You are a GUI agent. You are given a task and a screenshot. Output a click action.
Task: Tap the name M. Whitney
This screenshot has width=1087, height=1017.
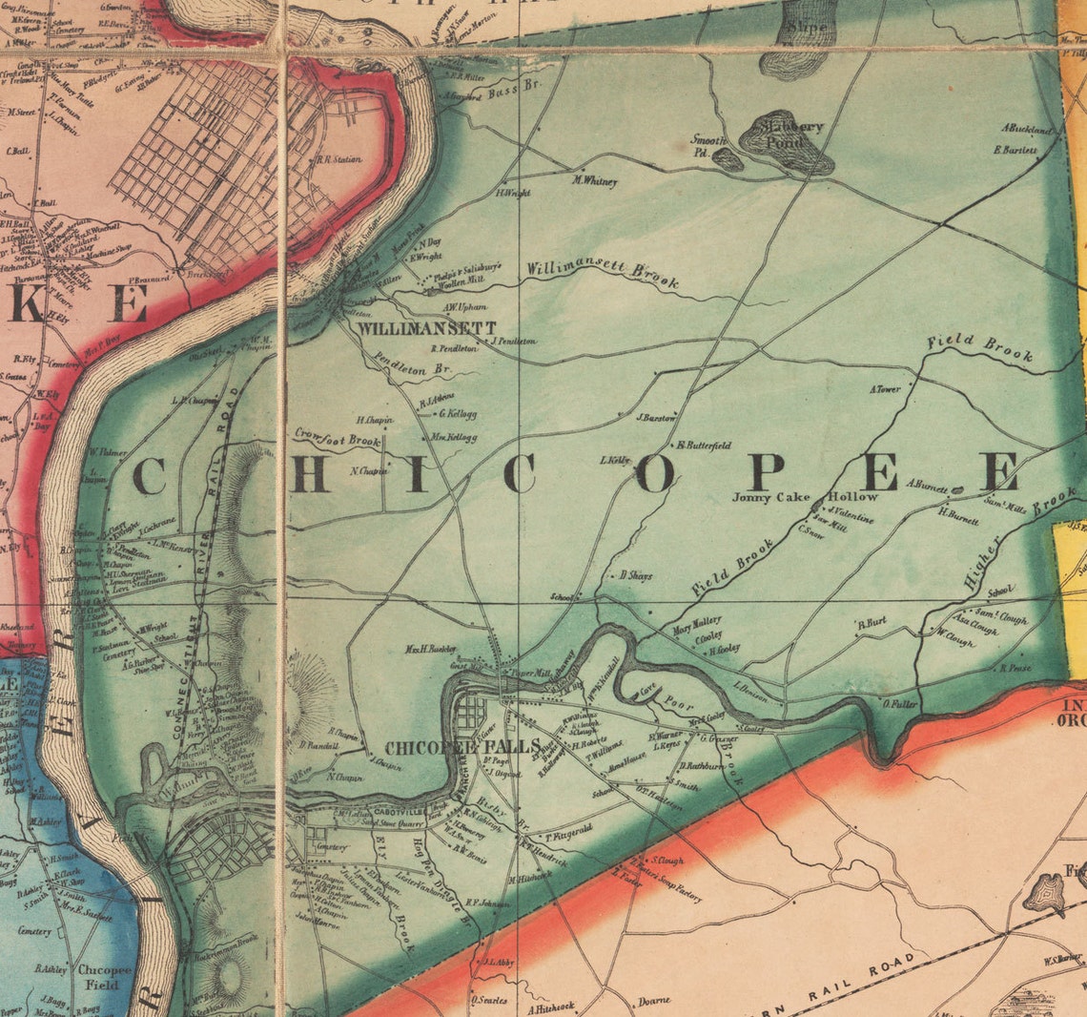[594, 180]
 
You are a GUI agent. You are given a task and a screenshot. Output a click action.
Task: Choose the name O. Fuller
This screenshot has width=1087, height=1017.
[899, 704]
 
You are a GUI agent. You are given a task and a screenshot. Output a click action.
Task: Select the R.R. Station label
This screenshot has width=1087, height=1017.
[340, 159]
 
